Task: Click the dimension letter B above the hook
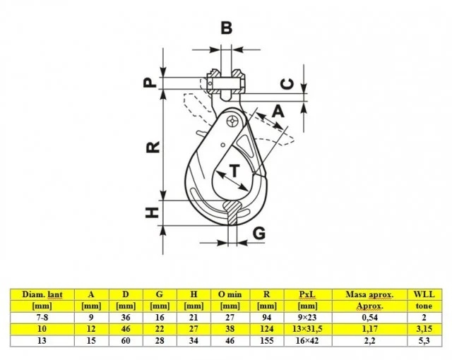[226, 28]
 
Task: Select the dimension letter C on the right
[286, 83]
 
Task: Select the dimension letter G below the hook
[259, 232]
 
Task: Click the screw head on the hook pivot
[232, 122]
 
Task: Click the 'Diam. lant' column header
[43, 294]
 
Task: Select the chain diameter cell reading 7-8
[43, 318]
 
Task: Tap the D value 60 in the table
[124, 340]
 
